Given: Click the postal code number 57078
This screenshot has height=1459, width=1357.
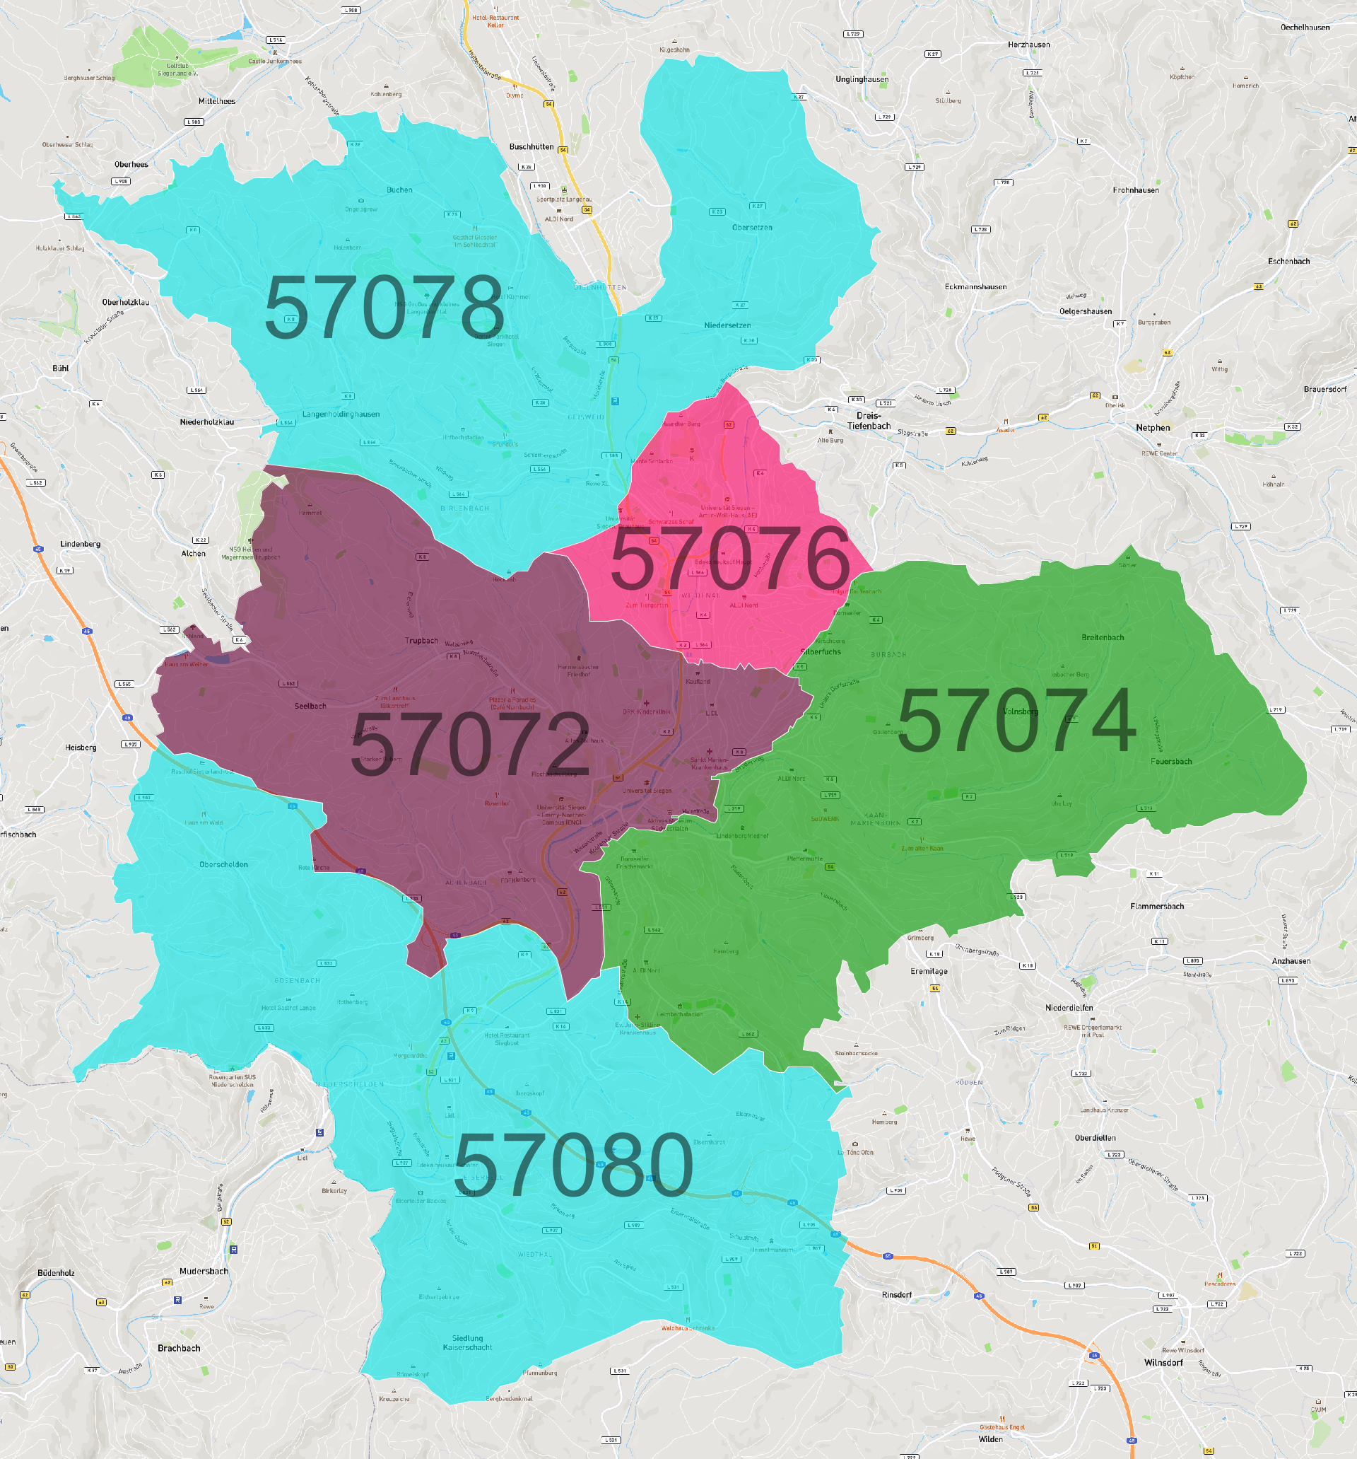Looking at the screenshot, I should pos(384,308).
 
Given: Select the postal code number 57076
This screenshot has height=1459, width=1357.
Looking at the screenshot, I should pos(730,559).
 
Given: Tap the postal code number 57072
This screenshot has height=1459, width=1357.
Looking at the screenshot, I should pos(469,744).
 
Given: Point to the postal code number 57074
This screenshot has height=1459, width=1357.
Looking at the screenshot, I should pos(1016,721).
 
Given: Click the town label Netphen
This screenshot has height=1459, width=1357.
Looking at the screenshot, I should pos(1152,428).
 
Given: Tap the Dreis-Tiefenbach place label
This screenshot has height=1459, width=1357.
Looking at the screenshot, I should pos(869,421).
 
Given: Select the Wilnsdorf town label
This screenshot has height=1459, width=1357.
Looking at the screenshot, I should pos(1163,1362).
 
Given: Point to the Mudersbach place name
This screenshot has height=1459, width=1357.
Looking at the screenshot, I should pos(204,1271).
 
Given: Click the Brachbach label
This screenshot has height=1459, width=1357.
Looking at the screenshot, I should pos(179,1348).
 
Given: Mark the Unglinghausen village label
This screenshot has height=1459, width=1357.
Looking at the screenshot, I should pos(862,79).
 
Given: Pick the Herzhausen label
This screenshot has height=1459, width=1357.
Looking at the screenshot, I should pos(1028,45).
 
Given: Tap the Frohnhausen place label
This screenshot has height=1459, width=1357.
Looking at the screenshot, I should pos(1136,190).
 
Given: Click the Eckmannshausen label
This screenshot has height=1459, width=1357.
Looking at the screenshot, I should pos(975,287).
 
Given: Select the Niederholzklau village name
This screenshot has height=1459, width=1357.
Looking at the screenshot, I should pos(207,422).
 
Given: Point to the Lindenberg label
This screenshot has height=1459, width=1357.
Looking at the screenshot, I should pos(81,544).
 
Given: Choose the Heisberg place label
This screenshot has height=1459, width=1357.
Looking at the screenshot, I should pos(81,747).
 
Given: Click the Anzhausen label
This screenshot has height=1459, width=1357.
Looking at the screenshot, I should pos(1291,960).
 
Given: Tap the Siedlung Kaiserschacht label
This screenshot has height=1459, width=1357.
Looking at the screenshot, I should pos(467,1342).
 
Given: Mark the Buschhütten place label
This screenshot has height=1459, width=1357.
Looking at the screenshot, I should pos(531,147).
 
